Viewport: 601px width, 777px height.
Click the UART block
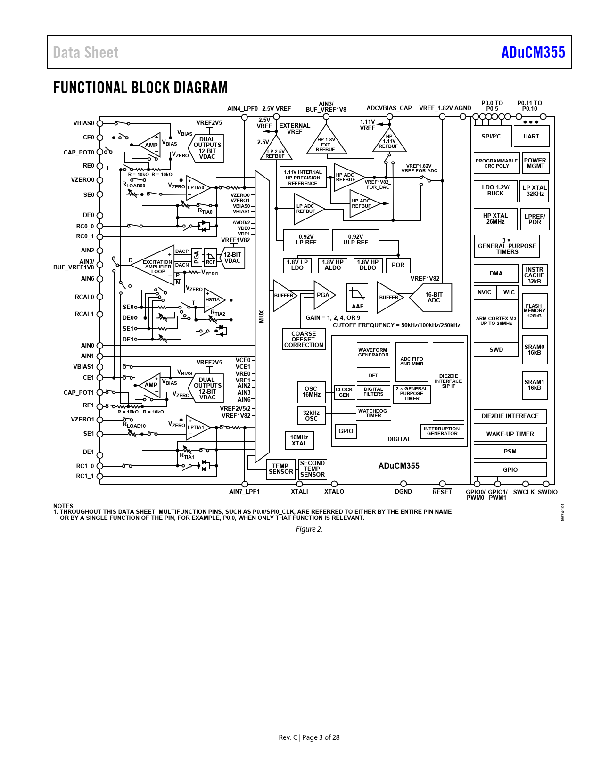pos(531,137)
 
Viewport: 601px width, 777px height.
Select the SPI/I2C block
pos(492,137)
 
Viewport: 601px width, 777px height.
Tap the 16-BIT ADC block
pos(433,298)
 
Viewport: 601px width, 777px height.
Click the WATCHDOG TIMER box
pos(373,413)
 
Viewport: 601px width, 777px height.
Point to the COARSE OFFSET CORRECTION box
pos(304,340)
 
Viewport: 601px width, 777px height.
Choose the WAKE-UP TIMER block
pos(510,434)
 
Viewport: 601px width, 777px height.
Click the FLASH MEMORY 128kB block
pos(534,311)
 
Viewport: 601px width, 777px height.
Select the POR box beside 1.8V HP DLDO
pos(398,265)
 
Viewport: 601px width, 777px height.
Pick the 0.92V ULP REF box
pos(355,240)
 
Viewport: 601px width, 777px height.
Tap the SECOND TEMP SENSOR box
pos(312,469)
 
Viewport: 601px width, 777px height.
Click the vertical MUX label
pos(262,316)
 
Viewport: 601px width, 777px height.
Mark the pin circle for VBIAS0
pos(100,124)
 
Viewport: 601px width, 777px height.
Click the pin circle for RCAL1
pos(100,314)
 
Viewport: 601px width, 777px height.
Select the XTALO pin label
pos(334,492)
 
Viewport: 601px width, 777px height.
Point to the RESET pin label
pos(442,492)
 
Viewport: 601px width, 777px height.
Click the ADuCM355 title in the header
pos(533,52)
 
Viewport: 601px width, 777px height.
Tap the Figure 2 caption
pos(309,529)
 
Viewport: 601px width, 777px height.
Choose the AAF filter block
pos(357,298)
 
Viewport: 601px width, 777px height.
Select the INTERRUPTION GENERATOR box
pos(442,431)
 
